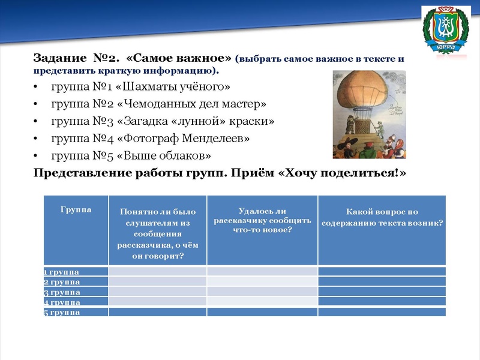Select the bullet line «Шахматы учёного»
coord(140,86)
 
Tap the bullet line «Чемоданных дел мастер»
coord(158,104)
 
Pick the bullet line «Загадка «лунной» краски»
coord(163,121)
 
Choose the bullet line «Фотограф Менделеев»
coord(150,139)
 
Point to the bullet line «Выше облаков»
coord(131,156)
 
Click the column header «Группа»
coord(76,210)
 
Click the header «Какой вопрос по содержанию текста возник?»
coord(382,217)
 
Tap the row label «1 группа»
coord(62,272)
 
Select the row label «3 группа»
coord(62,292)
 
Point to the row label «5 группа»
coord(62,312)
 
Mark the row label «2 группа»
coord(62,282)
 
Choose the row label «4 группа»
coord(62,302)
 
